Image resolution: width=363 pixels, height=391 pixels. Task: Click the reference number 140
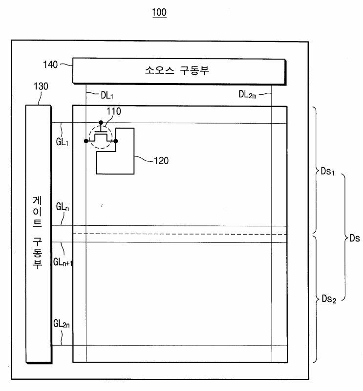pos(50,64)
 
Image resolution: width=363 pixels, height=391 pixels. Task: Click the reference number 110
pos(114,111)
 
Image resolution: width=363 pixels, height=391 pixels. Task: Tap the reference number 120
pos(161,160)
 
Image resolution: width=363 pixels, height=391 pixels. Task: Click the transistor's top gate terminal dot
pos(101,123)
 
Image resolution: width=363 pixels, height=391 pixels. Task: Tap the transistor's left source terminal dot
pos(86,141)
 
